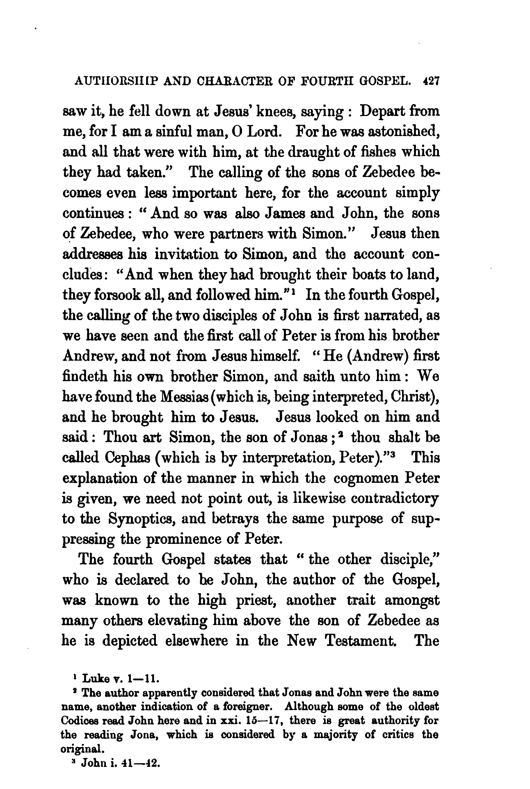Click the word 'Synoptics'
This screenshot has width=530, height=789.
[142, 517]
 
